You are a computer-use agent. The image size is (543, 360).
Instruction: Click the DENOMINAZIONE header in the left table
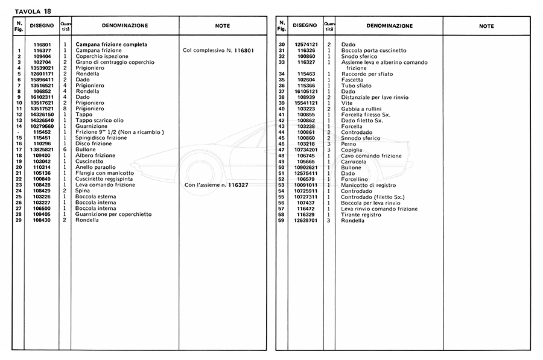[124, 26]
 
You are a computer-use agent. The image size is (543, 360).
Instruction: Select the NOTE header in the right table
[486, 26]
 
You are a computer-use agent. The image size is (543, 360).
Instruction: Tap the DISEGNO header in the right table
[305, 26]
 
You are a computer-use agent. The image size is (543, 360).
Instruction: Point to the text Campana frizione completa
[112, 45]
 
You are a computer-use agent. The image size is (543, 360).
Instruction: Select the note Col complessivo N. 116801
[218, 50]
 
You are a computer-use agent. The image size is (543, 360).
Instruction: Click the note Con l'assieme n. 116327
[217, 185]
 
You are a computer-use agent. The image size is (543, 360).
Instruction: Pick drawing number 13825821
[42, 150]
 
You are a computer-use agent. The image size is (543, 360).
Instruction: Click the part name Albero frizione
[95, 156]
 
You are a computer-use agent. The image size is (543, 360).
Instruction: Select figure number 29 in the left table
[19, 220]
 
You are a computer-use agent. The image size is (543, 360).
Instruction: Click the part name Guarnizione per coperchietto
[113, 214]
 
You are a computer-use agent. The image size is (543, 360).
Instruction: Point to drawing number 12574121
[306, 45]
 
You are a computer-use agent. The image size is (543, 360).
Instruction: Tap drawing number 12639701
[306, 220]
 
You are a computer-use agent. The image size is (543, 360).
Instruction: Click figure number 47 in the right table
[281, 150]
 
